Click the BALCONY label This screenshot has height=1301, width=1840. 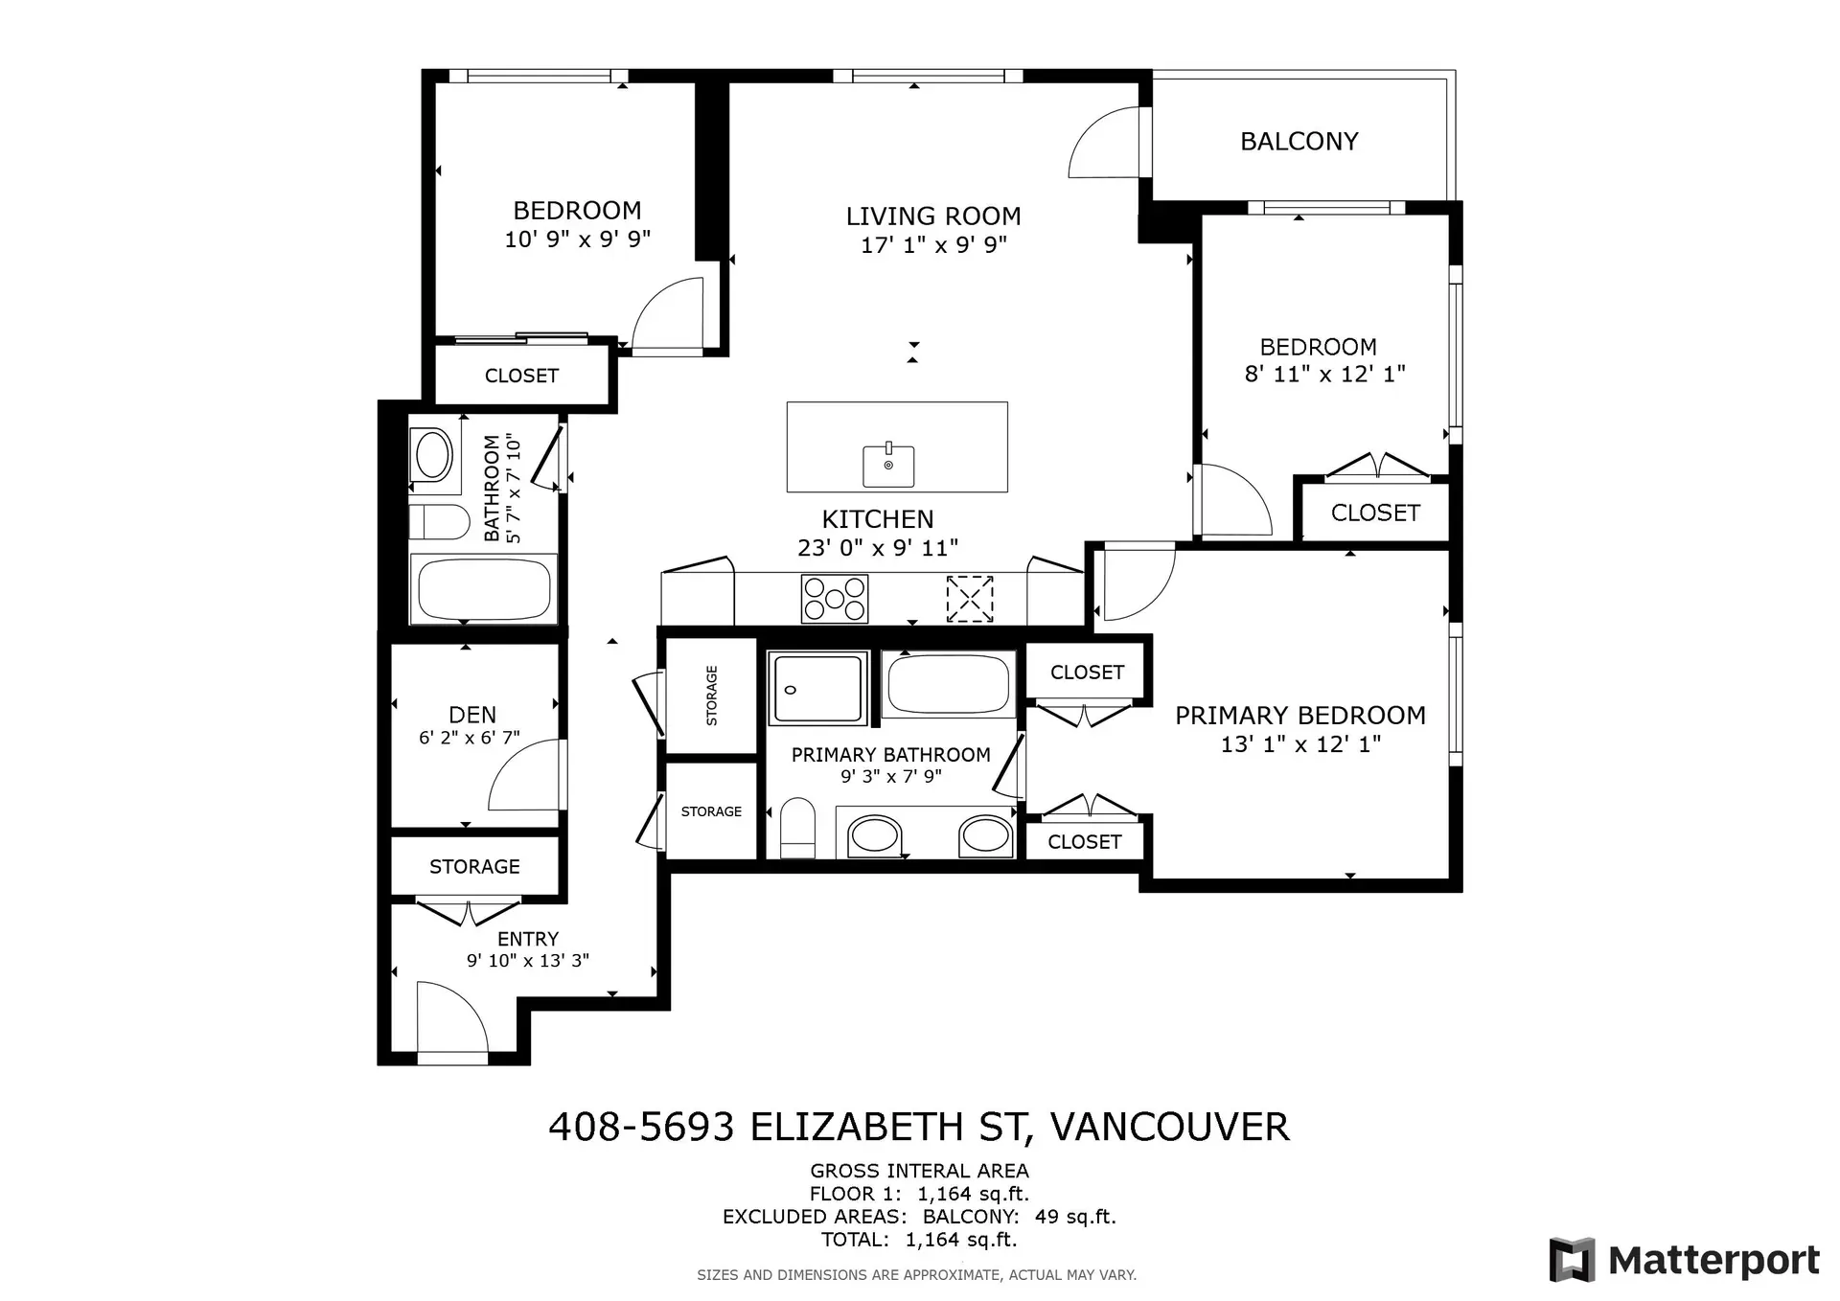point(1299,142)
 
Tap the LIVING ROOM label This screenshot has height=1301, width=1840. point(932,217)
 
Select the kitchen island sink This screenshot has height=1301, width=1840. point(888,466)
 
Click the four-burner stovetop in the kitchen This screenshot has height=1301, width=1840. point(835,599)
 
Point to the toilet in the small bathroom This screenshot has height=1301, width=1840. point(439,522)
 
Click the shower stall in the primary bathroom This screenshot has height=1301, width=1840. point(817,688)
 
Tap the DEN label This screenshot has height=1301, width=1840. point(472,715)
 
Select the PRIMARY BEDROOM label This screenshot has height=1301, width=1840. point(1299,716)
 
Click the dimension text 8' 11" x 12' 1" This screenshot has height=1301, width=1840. point(1324,375)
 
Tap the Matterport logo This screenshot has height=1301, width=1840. point(1685,1260)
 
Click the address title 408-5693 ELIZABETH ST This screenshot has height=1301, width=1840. point(918,1127)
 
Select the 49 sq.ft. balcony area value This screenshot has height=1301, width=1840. point(1075,1217)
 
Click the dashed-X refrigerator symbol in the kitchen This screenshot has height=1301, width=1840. point(969,599)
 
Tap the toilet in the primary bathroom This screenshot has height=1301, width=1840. point(796,829)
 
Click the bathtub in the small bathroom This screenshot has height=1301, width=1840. point(484,589)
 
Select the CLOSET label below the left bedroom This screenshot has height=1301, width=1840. point(521,376)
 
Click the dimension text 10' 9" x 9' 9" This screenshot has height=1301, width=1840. point(577,240)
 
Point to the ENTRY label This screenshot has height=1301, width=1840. point(527,939)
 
